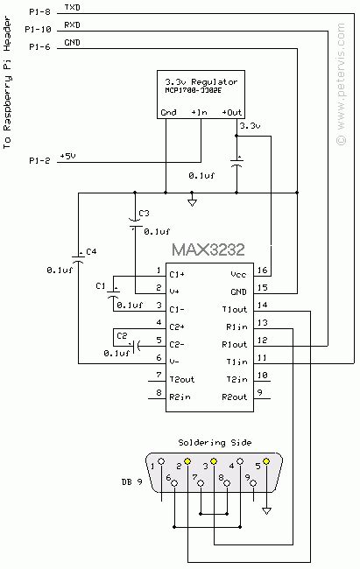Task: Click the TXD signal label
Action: [x=72, y=8]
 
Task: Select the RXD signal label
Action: [x=72, y=25]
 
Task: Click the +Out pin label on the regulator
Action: [x=232, y=112]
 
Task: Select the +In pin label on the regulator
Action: [x=201, y=112]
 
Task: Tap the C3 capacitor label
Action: [x=145, y=214]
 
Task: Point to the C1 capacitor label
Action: [x=99, y=286]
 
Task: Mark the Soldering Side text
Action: [x=208, y=441]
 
